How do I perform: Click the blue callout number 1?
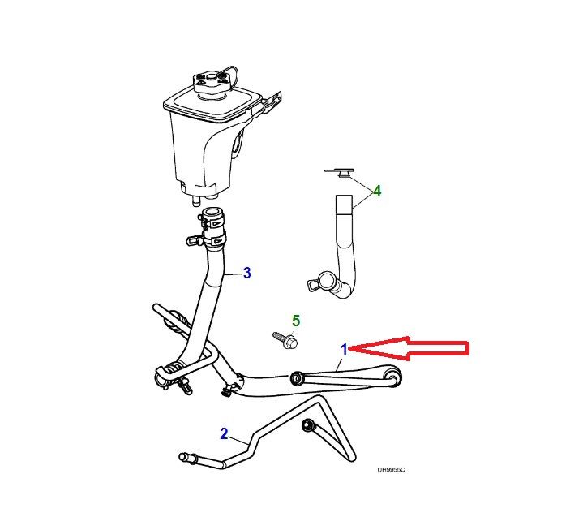pyautogui.click(x=345, y=349)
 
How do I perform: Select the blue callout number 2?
pyautogui.click(x=224, y=433)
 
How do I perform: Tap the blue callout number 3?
pyautogui.click(x=247, y=273)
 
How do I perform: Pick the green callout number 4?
pyautogui.click(x=377, y=192)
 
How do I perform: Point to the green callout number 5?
pyautogui.click(x=296, y=320)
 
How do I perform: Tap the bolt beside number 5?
pyautogui.click(x=285, y=340)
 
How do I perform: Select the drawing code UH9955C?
pyautogui.click(x=391, y=470)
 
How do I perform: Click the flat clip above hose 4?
pyautogui.click(x=339, y=172)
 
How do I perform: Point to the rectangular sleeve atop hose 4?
pyautogui.click(x=344, y=204)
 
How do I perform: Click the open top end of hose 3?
pyautogui.click(x=212, y=213)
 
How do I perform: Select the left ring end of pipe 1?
pyautogui.click(x=297, y=378)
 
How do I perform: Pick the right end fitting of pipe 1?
pyautogui.click(x=392, y=377)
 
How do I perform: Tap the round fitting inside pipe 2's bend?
pyautogui.click(x=308, y=424)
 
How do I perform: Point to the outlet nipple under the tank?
pyautogui.click(x=195, y=201)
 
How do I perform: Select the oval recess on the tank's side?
pyautogui.click(x=237, y=144)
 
